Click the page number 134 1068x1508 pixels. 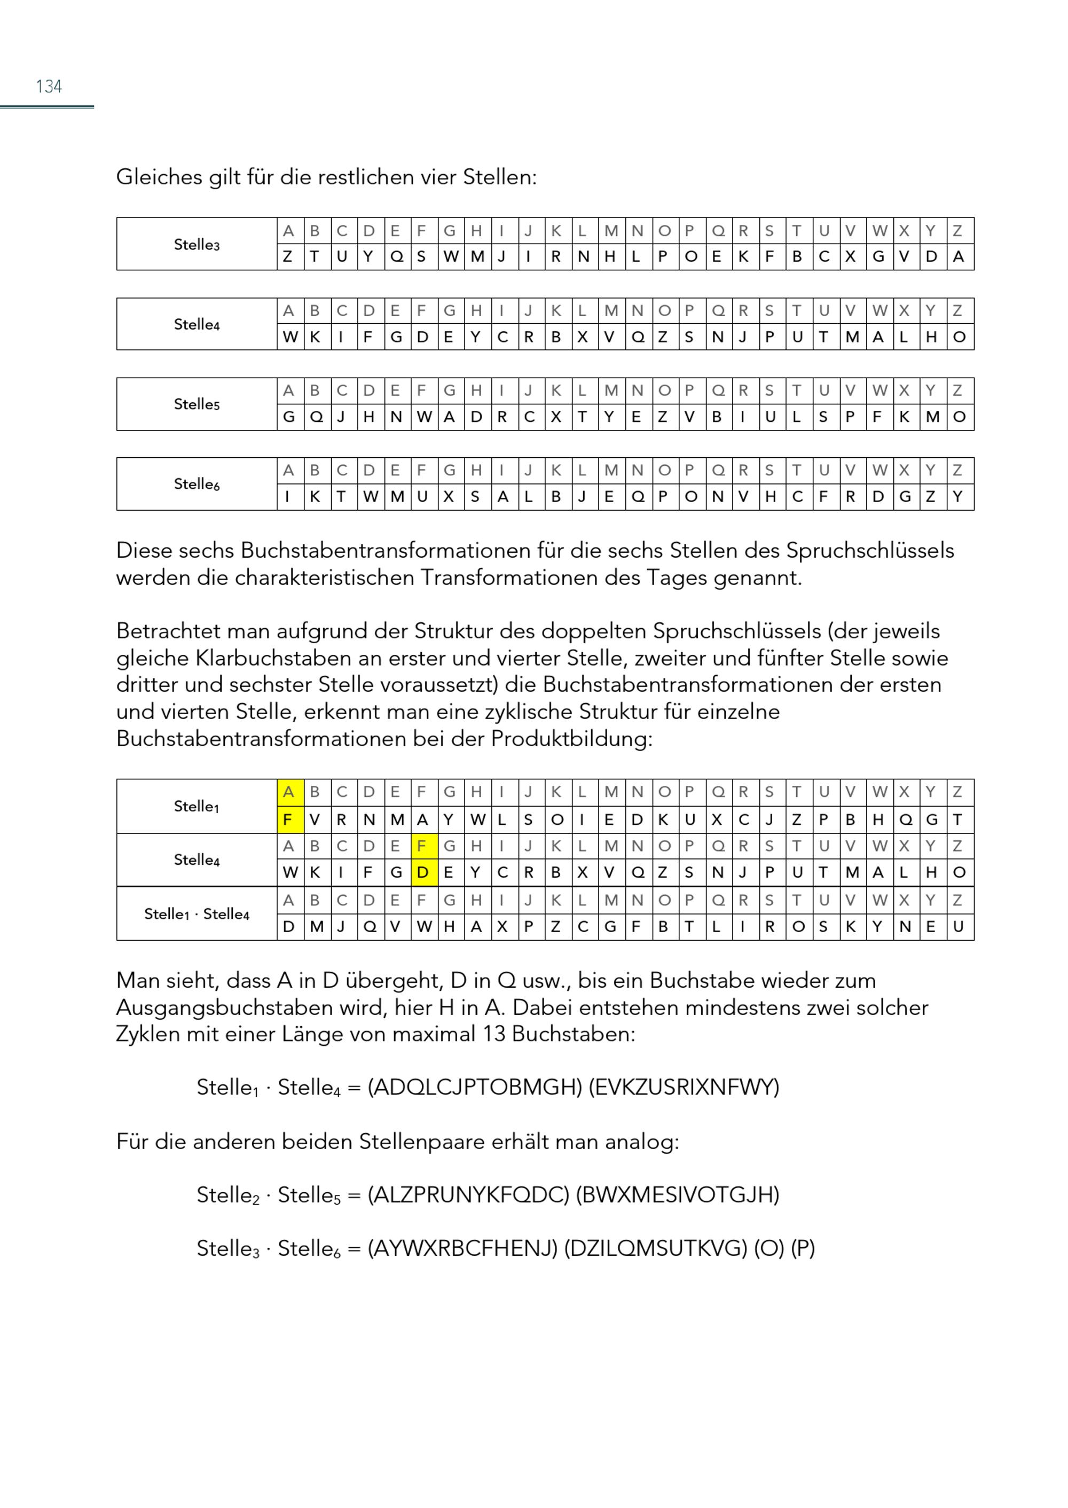(49, 86)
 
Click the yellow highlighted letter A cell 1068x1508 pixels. (288, 792)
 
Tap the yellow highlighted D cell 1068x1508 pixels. (422, 872)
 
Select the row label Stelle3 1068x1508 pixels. (197, 244)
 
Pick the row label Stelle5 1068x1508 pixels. (197, 404)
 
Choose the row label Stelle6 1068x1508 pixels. (197, 485)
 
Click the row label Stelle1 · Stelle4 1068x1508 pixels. (197, 913)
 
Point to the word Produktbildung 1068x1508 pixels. (571, 738)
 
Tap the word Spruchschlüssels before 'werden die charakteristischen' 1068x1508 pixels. (869, 551)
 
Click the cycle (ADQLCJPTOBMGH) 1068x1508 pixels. (474, 1087)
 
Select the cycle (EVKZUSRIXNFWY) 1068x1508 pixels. (684, 1087)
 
